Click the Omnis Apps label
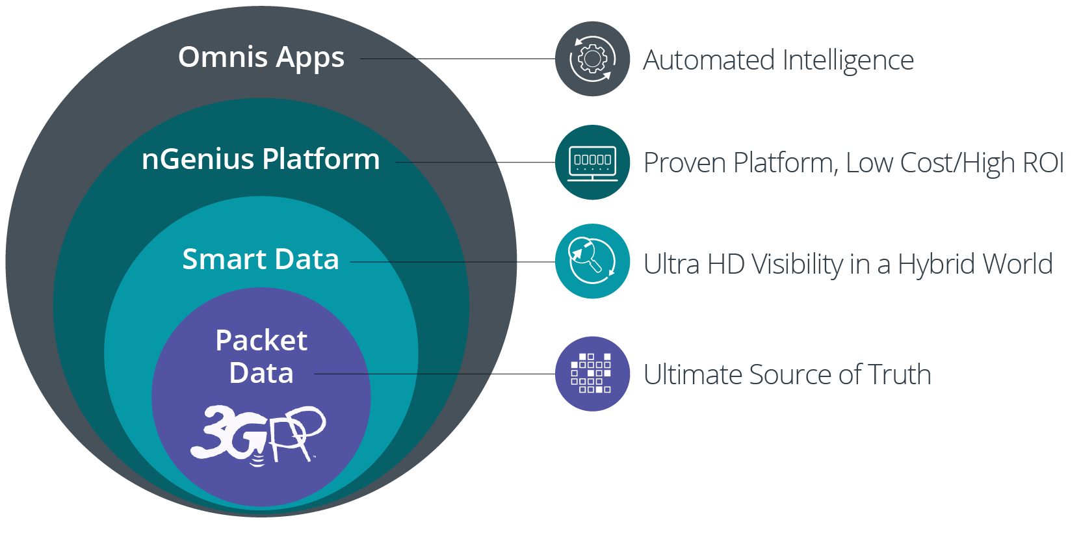pos(261,58)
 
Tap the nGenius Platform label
pos(261,159)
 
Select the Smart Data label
pos(261,259)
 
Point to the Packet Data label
pos(261,356)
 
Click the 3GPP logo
pos(258,434)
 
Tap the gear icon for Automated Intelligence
pos(592,59)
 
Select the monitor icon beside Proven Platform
pos(592,163)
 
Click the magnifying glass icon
pos(592,261)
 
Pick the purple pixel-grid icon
pos(592,374)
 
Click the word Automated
pos(709,60)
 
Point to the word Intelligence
pos(848,60)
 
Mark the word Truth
pos(899,375)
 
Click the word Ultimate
pos(693,375)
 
